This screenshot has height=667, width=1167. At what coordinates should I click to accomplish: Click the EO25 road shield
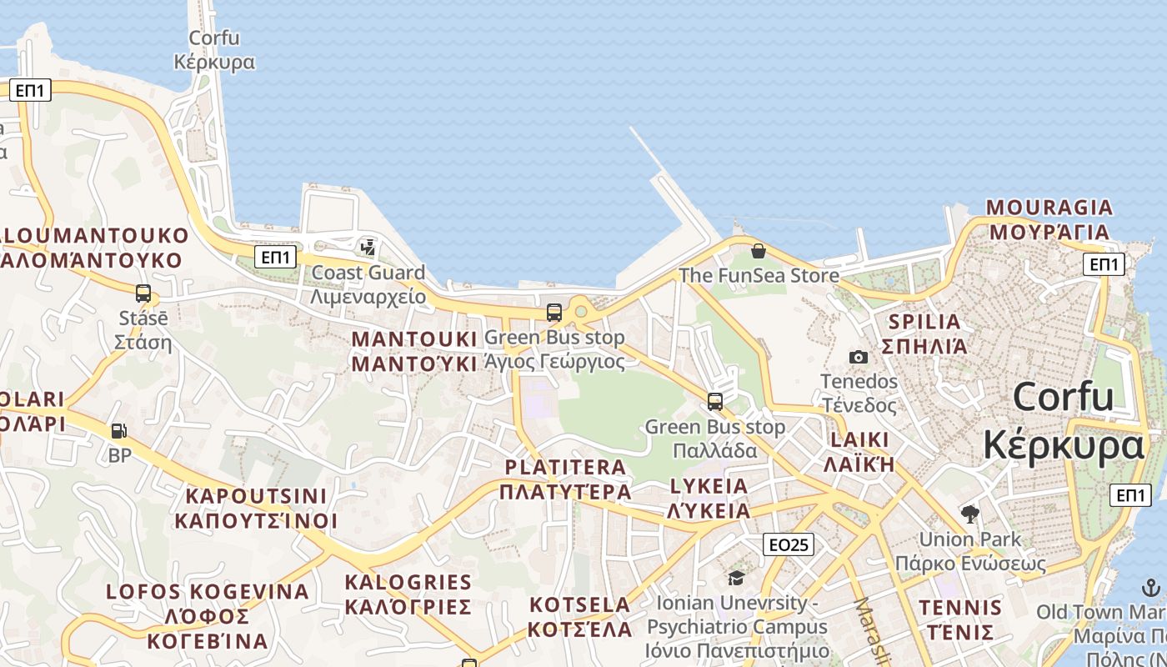788,544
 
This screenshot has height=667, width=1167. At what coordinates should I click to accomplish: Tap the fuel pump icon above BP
119,431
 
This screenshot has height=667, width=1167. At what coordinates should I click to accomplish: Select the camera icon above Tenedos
859,357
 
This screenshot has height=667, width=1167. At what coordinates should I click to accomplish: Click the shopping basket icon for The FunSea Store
759,250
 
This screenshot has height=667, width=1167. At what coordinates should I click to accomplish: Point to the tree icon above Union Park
969,513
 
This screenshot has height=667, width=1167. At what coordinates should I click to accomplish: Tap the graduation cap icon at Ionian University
736,578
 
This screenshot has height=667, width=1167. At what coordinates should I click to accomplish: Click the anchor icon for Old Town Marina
1151,587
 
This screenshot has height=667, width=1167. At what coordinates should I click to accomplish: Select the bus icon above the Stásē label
143,293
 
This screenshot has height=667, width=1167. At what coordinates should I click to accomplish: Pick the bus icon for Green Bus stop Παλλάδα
715,401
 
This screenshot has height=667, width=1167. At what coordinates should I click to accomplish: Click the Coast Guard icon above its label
368,247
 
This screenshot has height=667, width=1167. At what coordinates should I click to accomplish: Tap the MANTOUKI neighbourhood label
414,351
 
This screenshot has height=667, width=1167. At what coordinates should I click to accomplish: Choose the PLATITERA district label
565,479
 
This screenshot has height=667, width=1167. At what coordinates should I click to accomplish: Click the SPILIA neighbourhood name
924,333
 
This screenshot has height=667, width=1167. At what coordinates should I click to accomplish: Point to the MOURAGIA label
1049,218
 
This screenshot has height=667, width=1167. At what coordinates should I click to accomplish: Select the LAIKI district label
859,451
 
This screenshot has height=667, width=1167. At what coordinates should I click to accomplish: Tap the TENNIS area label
960,619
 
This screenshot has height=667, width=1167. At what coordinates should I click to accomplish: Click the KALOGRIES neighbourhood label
408,594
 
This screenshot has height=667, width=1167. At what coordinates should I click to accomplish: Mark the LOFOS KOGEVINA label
208,616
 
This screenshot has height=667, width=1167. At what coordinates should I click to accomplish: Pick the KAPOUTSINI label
256,508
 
